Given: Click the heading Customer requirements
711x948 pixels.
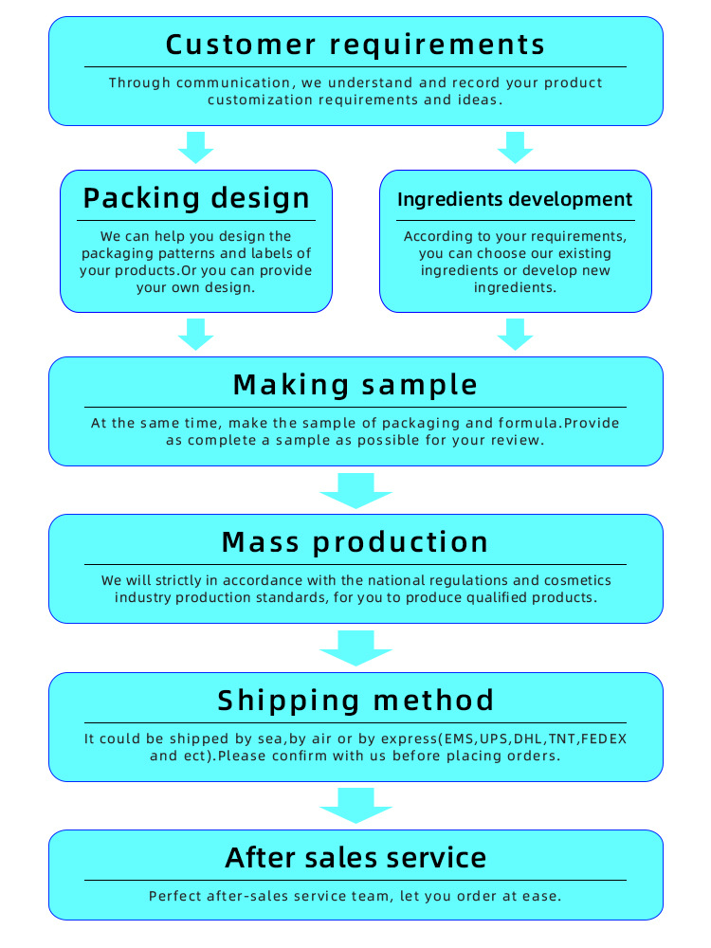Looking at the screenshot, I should (x=355, y=45).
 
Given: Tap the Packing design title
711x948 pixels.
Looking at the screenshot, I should (x=196, y=198).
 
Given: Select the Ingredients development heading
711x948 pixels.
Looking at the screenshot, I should (x=515, y=199).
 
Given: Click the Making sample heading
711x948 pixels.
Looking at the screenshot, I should (x=355, y=385).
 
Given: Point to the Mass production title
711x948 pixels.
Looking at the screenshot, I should (x=355, y=542).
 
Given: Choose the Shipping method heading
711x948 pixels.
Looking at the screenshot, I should (x=355, y=701).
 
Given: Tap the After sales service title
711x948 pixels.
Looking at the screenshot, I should (x=355, y=858).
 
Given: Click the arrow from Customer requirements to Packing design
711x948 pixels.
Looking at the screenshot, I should (x=196, y=148).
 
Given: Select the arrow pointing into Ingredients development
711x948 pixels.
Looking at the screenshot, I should (x=515, y=148).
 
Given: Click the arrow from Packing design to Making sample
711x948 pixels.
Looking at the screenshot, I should (x=196, y=335).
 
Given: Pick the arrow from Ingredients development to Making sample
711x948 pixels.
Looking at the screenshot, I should (x=515, y=335).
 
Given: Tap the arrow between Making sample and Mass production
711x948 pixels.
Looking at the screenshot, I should (x=355, y=491).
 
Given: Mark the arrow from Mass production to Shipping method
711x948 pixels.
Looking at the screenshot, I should (x=355, y=648).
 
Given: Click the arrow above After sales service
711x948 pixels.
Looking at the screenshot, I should (x=355, y=806).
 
